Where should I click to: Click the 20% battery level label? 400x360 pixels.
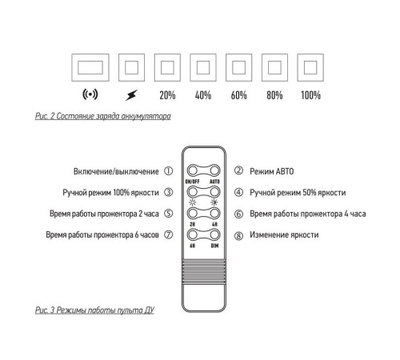click(x=167, y=95)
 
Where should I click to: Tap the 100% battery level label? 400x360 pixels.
click(x=310, y=95)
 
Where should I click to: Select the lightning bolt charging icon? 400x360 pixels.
click(x=131, y=95)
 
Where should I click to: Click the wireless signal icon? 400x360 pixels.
click(x=90, y=94)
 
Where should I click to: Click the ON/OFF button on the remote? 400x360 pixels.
click(x=193, y=170)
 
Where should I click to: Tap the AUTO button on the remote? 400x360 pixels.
click(x=214, y=170)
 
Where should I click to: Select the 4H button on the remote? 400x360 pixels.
click(x=214, y=213)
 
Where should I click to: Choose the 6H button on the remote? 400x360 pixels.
click(x=193, y=234)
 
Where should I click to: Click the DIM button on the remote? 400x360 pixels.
click(x=214, y=234)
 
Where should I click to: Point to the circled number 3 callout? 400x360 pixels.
click(x=168, y=192)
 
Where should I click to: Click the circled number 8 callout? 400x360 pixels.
click(x=238, y=236)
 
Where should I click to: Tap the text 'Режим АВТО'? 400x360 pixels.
click(x=272, y=171)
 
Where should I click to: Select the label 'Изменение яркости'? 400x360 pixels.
click(x=284, y=234)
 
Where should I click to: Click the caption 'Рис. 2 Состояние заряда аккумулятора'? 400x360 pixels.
click(x=103, y=116)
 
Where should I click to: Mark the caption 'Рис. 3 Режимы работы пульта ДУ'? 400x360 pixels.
click(x=94, y=310)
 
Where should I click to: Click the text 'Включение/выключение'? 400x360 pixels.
click(x=116, y=171)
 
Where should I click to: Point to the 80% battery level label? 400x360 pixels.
click(x=274, y=95)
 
